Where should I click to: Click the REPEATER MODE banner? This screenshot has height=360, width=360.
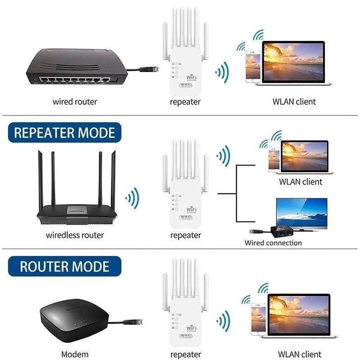pos(65,133)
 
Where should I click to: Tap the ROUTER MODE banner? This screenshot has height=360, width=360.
pos(65,266)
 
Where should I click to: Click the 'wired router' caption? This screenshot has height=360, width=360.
pos(75,102)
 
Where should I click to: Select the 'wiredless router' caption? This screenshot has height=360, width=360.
pos(75,235)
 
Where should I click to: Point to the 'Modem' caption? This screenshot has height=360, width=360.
pos(75,354)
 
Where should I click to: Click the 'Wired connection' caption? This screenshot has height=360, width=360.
pos(273,243)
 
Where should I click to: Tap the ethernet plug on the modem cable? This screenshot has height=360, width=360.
pos(135,322)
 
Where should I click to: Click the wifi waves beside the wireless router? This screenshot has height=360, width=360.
pos(132,198)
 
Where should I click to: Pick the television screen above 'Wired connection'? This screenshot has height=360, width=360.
pos(301,212)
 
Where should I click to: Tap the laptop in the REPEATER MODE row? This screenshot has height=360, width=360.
pos(305,157)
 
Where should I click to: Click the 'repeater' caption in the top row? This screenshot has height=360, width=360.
pos(185,102)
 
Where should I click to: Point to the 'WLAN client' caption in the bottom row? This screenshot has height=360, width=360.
pos(300,354)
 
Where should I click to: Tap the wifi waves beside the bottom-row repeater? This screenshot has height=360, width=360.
pos(223,321)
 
